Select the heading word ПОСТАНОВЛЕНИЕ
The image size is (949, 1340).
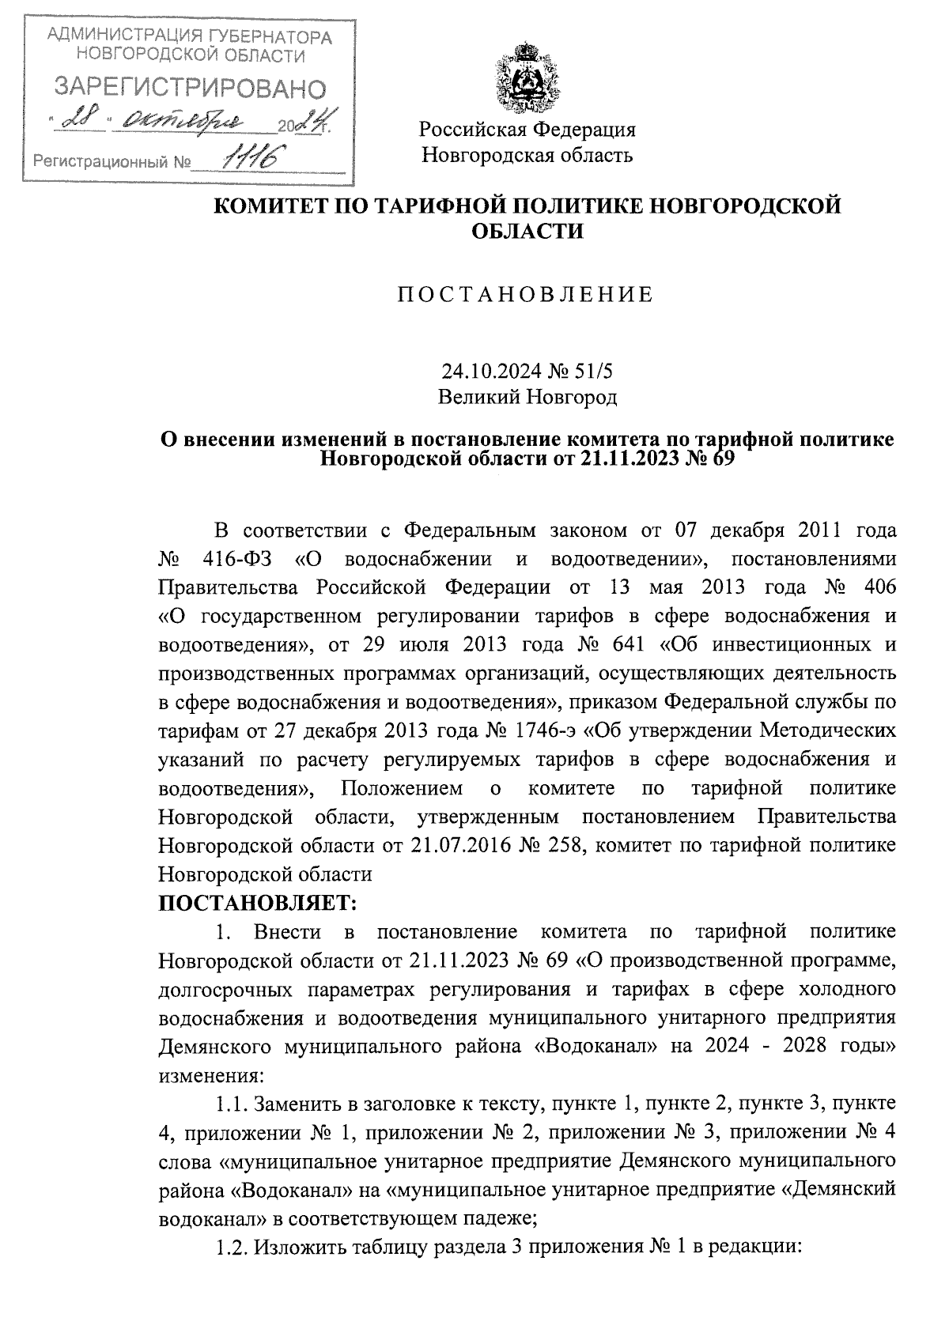tap(526, 296)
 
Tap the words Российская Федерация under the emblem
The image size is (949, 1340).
tap(527, 129)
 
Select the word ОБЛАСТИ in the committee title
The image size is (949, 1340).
tap(527, 231)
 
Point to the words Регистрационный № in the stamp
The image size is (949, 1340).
tap(112, 163)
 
